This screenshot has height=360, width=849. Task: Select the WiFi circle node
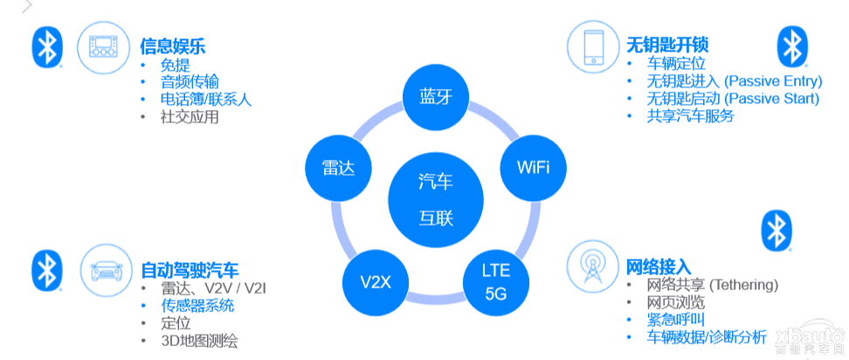coord(533,167)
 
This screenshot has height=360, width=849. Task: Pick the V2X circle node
coord(376,282)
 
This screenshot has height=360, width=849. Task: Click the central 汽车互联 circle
coord(436,199)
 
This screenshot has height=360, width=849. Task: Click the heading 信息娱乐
coord(172,45)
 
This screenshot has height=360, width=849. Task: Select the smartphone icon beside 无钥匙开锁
coord(590,46)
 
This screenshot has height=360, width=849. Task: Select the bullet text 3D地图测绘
coord(199,341)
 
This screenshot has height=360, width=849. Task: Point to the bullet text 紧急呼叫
coord(675,319)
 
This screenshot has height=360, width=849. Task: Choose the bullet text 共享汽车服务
coord(690,115)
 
